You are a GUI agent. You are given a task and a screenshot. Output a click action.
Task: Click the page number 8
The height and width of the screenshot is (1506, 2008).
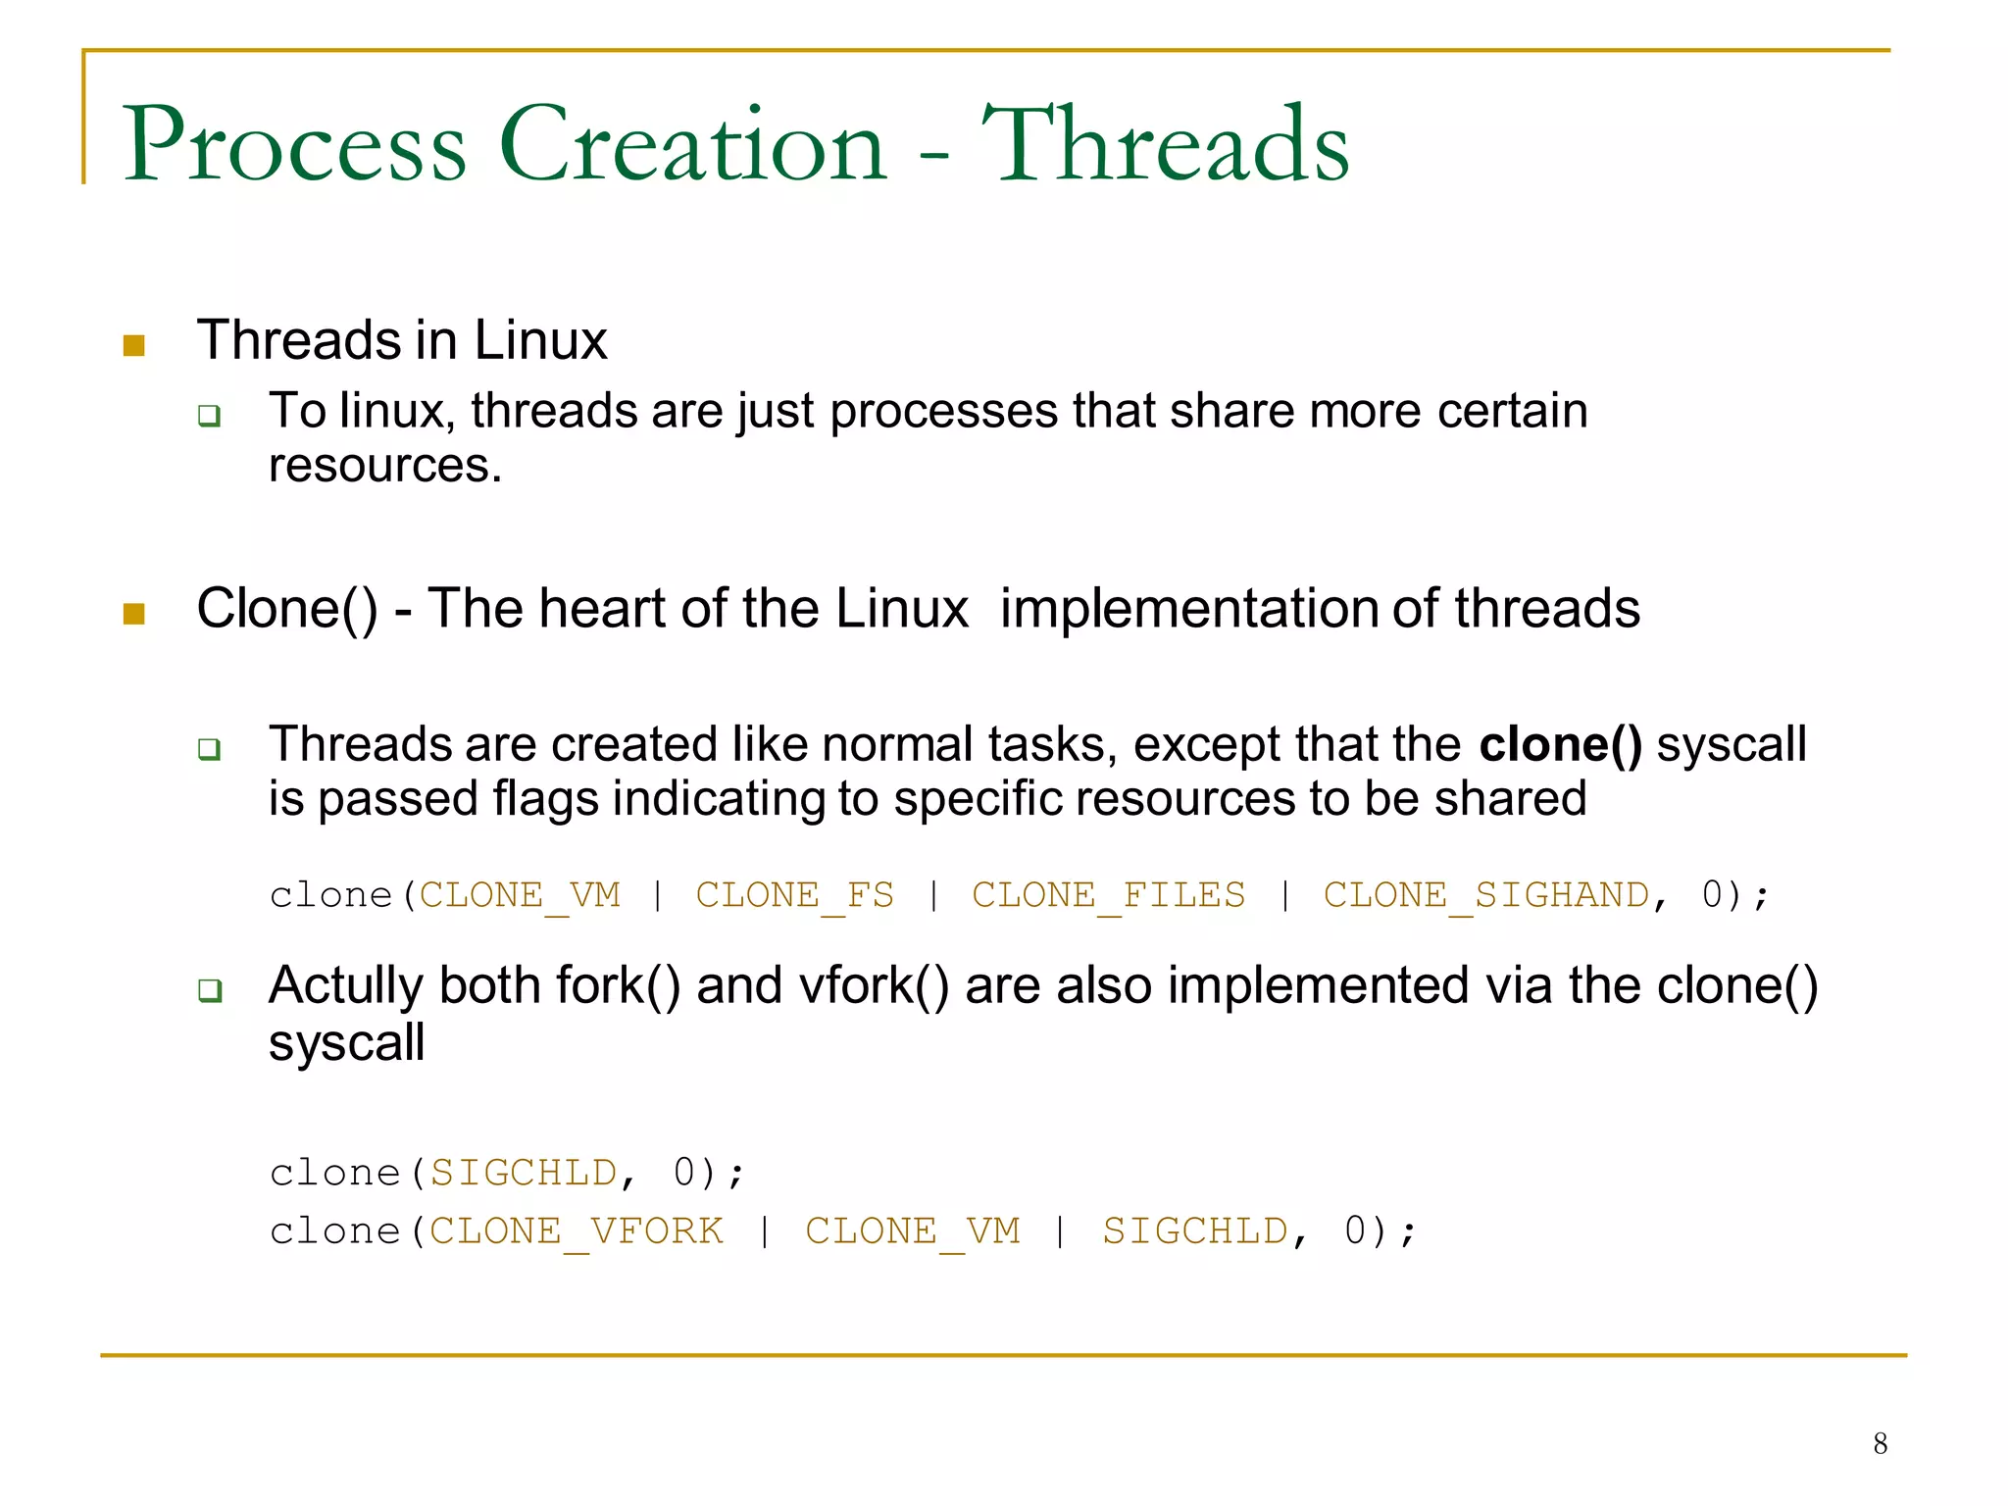[1880, 1443]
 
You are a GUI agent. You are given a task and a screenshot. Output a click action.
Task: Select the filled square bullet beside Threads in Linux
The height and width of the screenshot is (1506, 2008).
[134, 345]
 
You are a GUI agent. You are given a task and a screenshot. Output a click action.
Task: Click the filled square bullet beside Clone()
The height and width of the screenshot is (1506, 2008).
[134, 614]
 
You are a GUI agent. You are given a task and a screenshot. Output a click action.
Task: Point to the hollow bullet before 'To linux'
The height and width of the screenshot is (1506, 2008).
[209, 416]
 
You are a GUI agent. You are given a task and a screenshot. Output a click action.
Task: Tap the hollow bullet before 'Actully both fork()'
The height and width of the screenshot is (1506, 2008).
[209, 990]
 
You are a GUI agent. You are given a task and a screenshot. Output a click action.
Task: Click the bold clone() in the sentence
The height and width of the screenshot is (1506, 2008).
[1560, 744]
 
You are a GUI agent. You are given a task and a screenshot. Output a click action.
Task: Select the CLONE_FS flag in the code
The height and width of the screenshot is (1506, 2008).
[794, 895]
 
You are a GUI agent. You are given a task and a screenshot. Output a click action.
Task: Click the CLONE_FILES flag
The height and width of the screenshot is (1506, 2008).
[1108, 895]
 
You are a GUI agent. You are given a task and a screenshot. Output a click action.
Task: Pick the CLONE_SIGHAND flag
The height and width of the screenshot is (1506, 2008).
[1486, 895]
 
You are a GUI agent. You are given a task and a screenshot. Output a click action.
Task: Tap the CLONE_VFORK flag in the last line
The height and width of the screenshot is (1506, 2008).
[577, 1231]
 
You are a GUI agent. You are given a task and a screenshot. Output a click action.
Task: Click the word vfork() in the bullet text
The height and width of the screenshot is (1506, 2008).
[874, 985]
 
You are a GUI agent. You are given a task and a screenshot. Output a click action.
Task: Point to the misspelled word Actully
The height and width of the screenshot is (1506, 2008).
[345, 985]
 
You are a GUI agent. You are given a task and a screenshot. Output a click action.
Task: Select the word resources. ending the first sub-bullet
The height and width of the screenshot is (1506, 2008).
[385, 466]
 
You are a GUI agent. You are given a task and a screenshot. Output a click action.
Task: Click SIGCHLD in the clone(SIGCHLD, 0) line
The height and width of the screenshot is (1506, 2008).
[524, 1173]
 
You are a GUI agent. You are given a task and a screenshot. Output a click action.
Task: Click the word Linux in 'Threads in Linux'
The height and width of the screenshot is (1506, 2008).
[540, 340]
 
